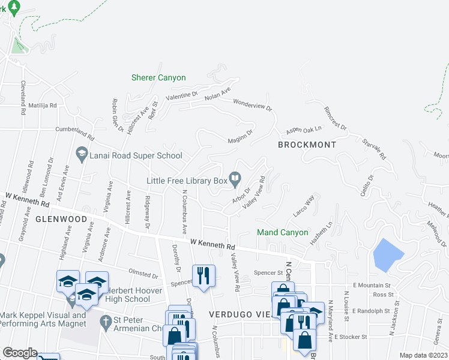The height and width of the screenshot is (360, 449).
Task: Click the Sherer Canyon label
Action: pyautogui.click(x=158, y=77)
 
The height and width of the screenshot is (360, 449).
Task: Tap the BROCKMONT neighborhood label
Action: pyautogui.click(x=307, y=145)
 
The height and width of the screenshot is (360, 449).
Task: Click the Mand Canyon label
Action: pyautogui.click(x=282, y=232)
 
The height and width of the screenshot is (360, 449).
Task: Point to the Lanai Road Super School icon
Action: pyautogui.click(x=81, y=155)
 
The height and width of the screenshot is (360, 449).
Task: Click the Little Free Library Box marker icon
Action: pyautogui.click(x=235, y=177)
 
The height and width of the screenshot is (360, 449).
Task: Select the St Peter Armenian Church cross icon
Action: pyautogui.click(x=106, y=321)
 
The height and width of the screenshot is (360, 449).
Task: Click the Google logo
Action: pyautogui.click(x=20, y=353)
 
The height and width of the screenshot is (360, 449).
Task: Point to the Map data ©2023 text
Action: pyautogui.click(x=423, y=355)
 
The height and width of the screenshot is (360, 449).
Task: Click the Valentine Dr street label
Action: pyautogui.click(x=183, y=95)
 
